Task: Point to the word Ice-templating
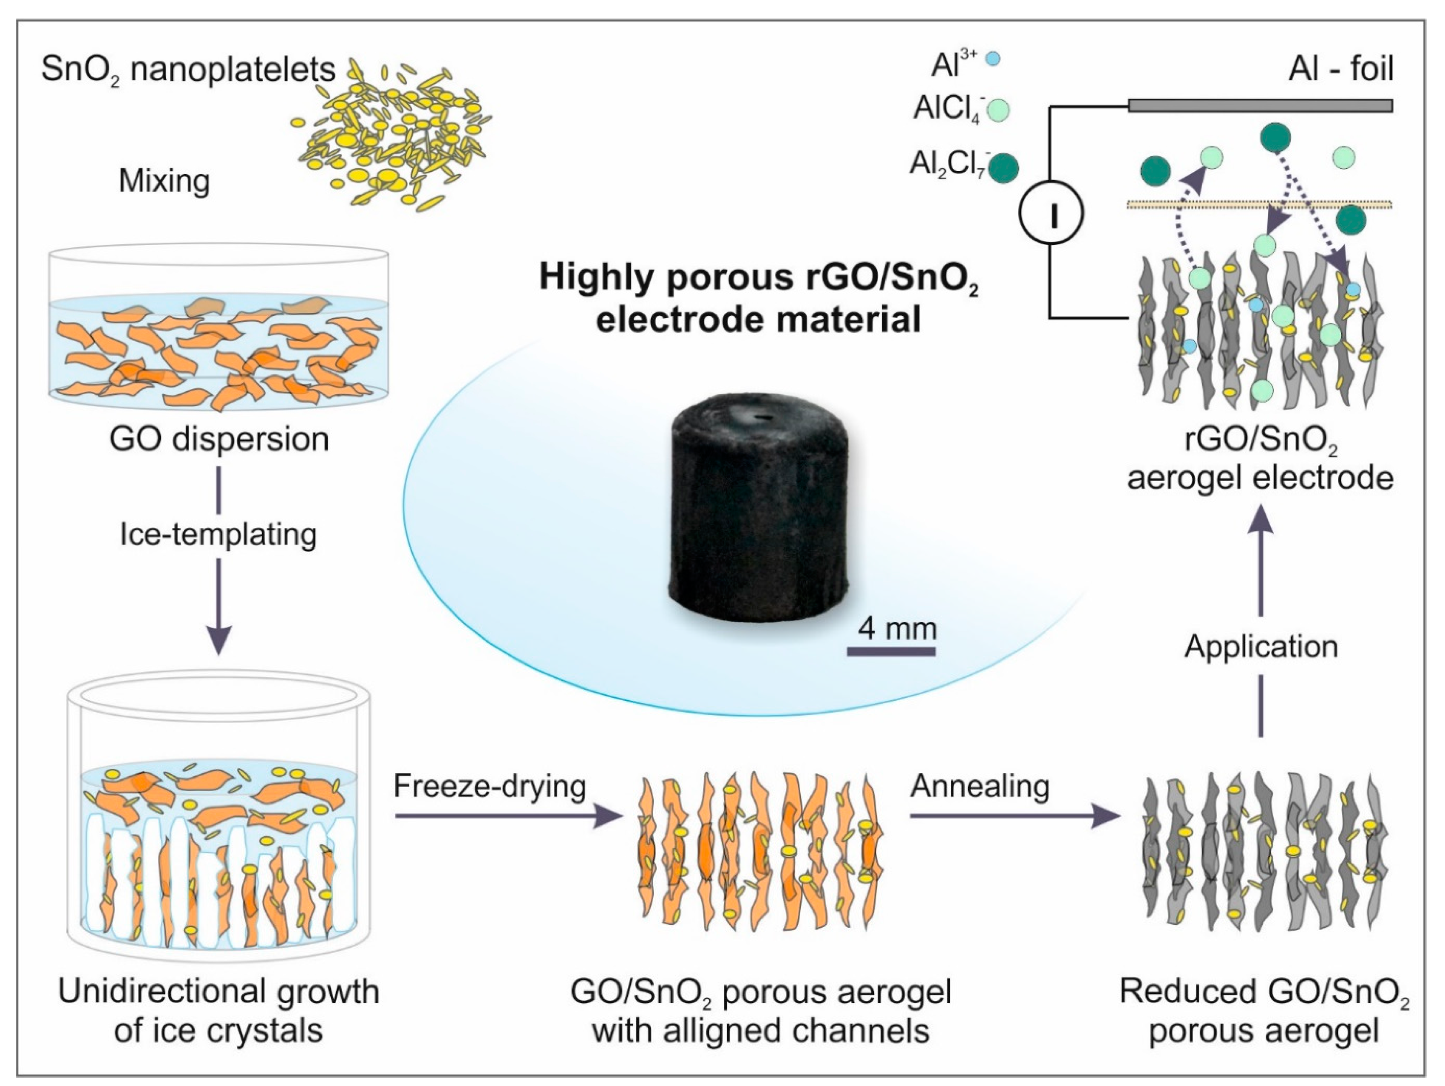pos(219,534)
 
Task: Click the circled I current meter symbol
pos(1051,213)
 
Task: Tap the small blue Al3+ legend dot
pos(993,59)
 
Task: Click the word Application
pos(1261,647)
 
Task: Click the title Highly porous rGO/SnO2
pos(758,277)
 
